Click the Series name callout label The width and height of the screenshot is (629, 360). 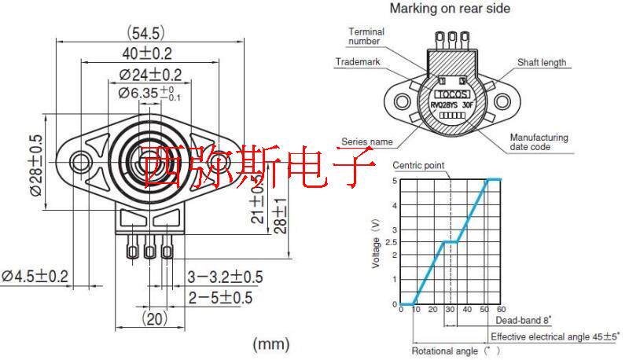(366, 141)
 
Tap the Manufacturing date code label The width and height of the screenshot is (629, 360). (539, 141)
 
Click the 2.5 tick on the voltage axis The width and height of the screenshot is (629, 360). (394, 241)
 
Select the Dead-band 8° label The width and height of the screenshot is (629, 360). (524, 320)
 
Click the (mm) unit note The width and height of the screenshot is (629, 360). (270, 343)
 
